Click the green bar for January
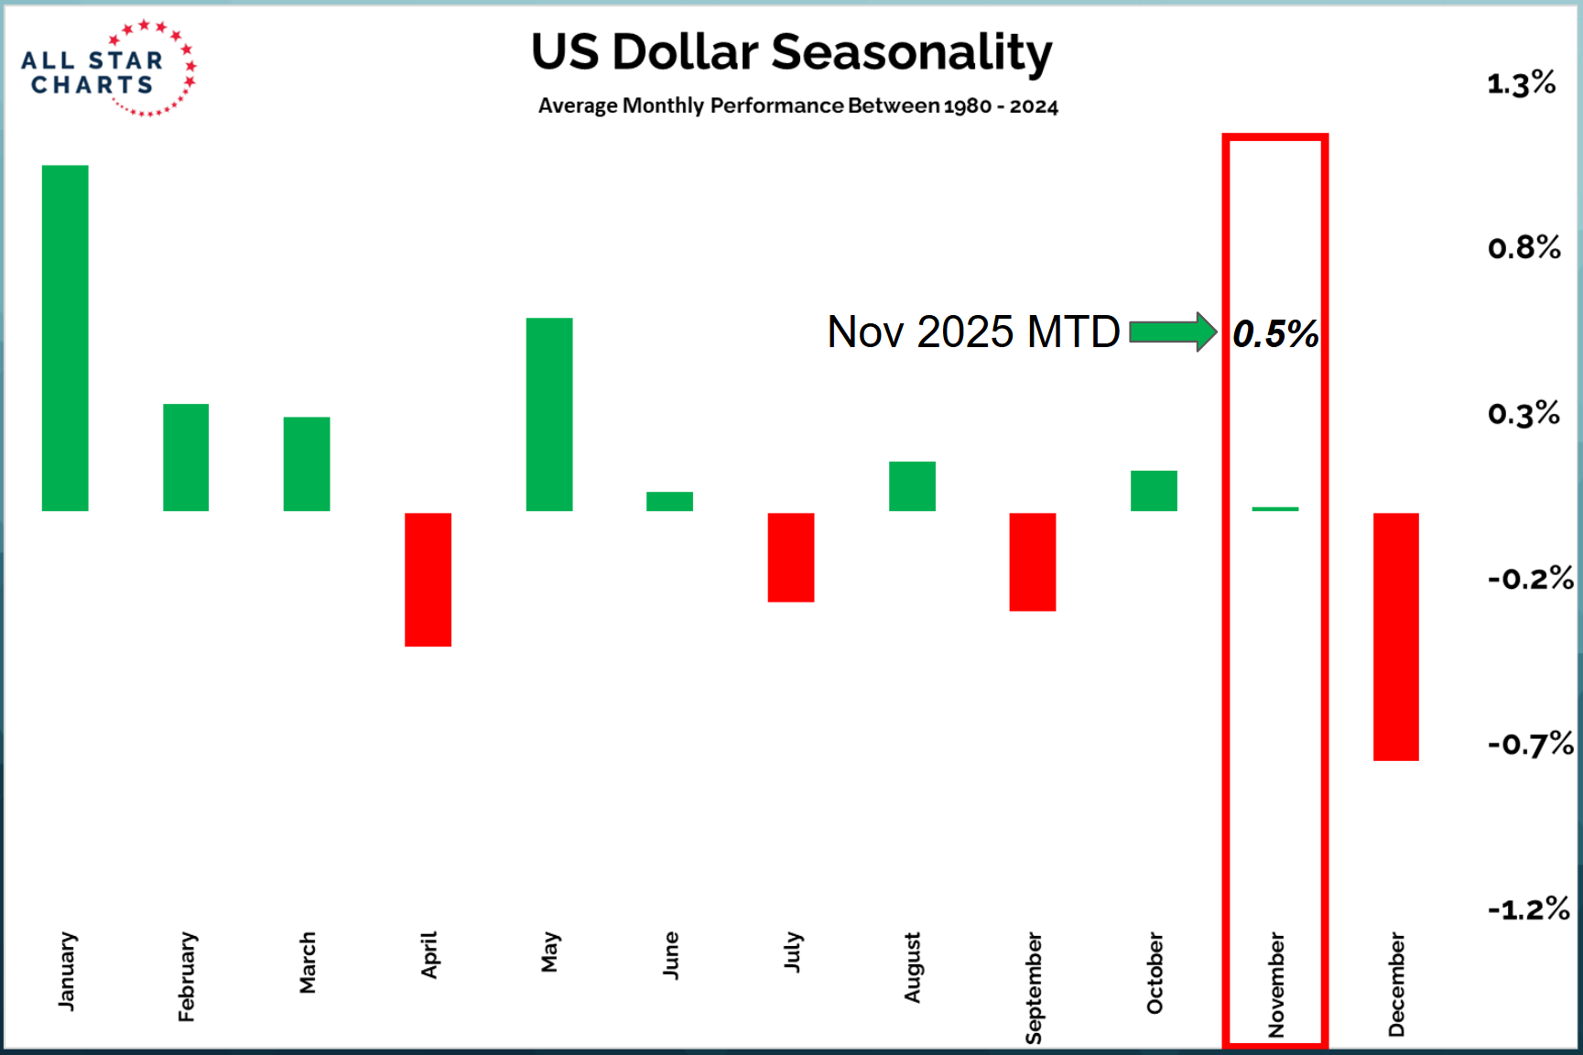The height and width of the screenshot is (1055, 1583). (65, 338)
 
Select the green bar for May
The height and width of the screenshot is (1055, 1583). (549, 414)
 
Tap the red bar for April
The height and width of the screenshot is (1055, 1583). (428, 580)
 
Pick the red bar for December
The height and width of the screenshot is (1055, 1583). (1395, 636)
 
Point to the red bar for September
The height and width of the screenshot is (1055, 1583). (1032, 561)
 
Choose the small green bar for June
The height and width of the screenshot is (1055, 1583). (669, 501)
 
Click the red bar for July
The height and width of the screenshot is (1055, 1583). (790, 557)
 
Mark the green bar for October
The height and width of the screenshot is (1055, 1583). (1154, 491)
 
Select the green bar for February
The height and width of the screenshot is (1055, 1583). (186, 457)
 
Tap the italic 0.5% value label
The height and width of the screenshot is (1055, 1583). (1275, 334)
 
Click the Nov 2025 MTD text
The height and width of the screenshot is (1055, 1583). (973, 332)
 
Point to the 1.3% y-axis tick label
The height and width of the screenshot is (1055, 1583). (1521, 84)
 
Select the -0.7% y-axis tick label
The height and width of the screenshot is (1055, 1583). (1530, 745)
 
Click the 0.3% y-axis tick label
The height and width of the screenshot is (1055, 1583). (1523, 414)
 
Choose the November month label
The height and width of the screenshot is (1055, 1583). (1276, 984)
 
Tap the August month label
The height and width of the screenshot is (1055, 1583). (912, 967)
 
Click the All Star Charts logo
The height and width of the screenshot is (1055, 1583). (108, 70)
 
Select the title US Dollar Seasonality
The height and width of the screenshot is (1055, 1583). (792, 52)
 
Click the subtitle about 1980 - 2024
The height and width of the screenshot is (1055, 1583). (797, 106)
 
